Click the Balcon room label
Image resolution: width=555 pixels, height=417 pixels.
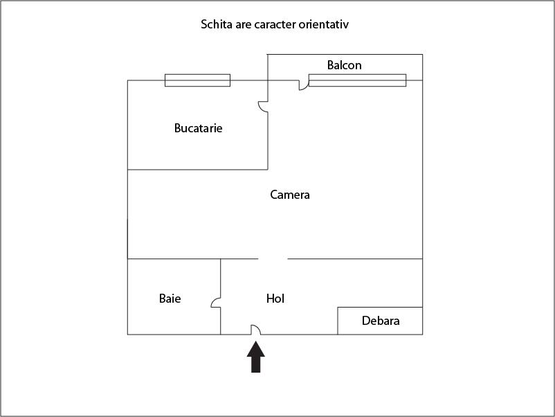(344, 65)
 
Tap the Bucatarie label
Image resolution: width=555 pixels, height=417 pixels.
(198, 128)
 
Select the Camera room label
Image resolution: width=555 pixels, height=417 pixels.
(290, 195)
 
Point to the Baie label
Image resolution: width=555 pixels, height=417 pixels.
(170, 299)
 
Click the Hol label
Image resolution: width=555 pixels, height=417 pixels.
(275, 299)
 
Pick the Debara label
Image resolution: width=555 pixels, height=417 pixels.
(381, 321)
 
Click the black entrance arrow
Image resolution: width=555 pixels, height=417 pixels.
(255, 357)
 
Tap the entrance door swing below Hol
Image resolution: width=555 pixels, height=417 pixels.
(255, 330)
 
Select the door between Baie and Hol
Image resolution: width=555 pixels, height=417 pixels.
(216, 302)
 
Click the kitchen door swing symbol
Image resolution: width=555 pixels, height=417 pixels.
(263, 107)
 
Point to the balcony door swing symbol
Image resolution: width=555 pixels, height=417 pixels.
(304, 85)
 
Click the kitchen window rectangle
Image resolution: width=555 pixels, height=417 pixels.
(197, 80)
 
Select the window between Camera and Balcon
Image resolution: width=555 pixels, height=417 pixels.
(358, 80)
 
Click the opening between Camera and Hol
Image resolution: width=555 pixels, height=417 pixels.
(273, 259)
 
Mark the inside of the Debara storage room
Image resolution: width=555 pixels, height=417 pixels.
(380, 321)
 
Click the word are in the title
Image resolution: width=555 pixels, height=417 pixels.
(243, 25)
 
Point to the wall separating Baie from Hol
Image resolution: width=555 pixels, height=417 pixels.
(221, 296)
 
